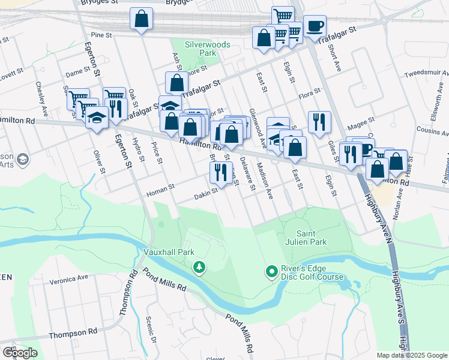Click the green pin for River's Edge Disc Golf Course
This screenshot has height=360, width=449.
(x=271, y=272)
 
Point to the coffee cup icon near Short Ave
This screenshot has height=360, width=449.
(x=315, y=27)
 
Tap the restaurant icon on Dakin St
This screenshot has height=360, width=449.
(x=217, y=173)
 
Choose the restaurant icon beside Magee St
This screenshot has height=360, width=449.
(x=319, y=122)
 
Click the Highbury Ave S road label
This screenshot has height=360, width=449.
(x=397, y=300)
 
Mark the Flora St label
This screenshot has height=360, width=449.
(x=310, y=96)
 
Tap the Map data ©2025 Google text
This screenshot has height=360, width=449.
(x=412, y=355)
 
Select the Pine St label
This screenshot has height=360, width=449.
(x=101, y=35)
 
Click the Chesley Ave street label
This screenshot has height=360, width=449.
(x=41, y=100)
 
